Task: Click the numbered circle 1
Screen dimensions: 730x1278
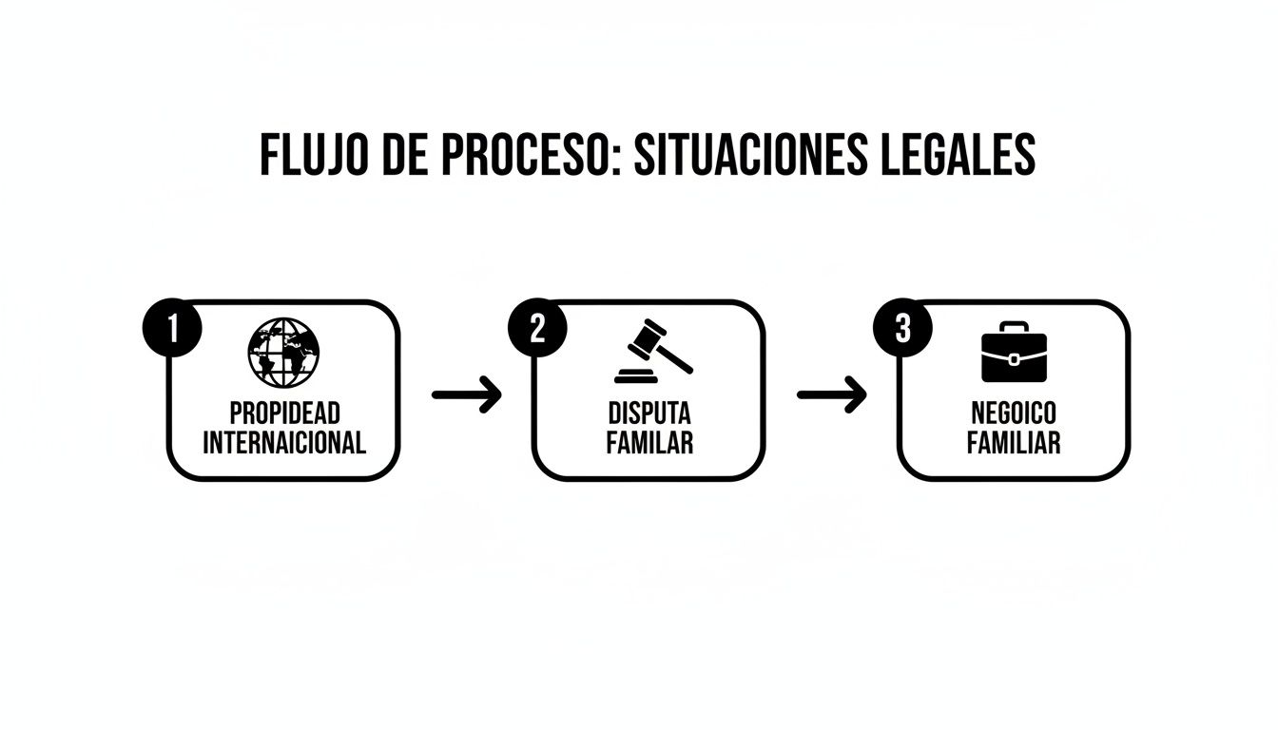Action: coord(172,329)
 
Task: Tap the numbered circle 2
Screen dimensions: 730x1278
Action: coord(537,329)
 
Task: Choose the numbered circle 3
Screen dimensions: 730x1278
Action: coord(902,329)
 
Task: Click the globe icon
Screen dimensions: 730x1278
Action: coord(283,351)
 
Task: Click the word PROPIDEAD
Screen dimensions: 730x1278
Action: coord(284,414)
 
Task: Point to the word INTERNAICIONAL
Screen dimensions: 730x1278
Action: coord(284,443)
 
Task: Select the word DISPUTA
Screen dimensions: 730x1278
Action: coord(649,414)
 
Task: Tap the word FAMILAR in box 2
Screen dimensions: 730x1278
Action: coord(649,443)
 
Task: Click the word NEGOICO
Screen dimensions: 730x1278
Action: coord(1014,414)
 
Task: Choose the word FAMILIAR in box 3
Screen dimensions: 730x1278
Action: coord(1014,443)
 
